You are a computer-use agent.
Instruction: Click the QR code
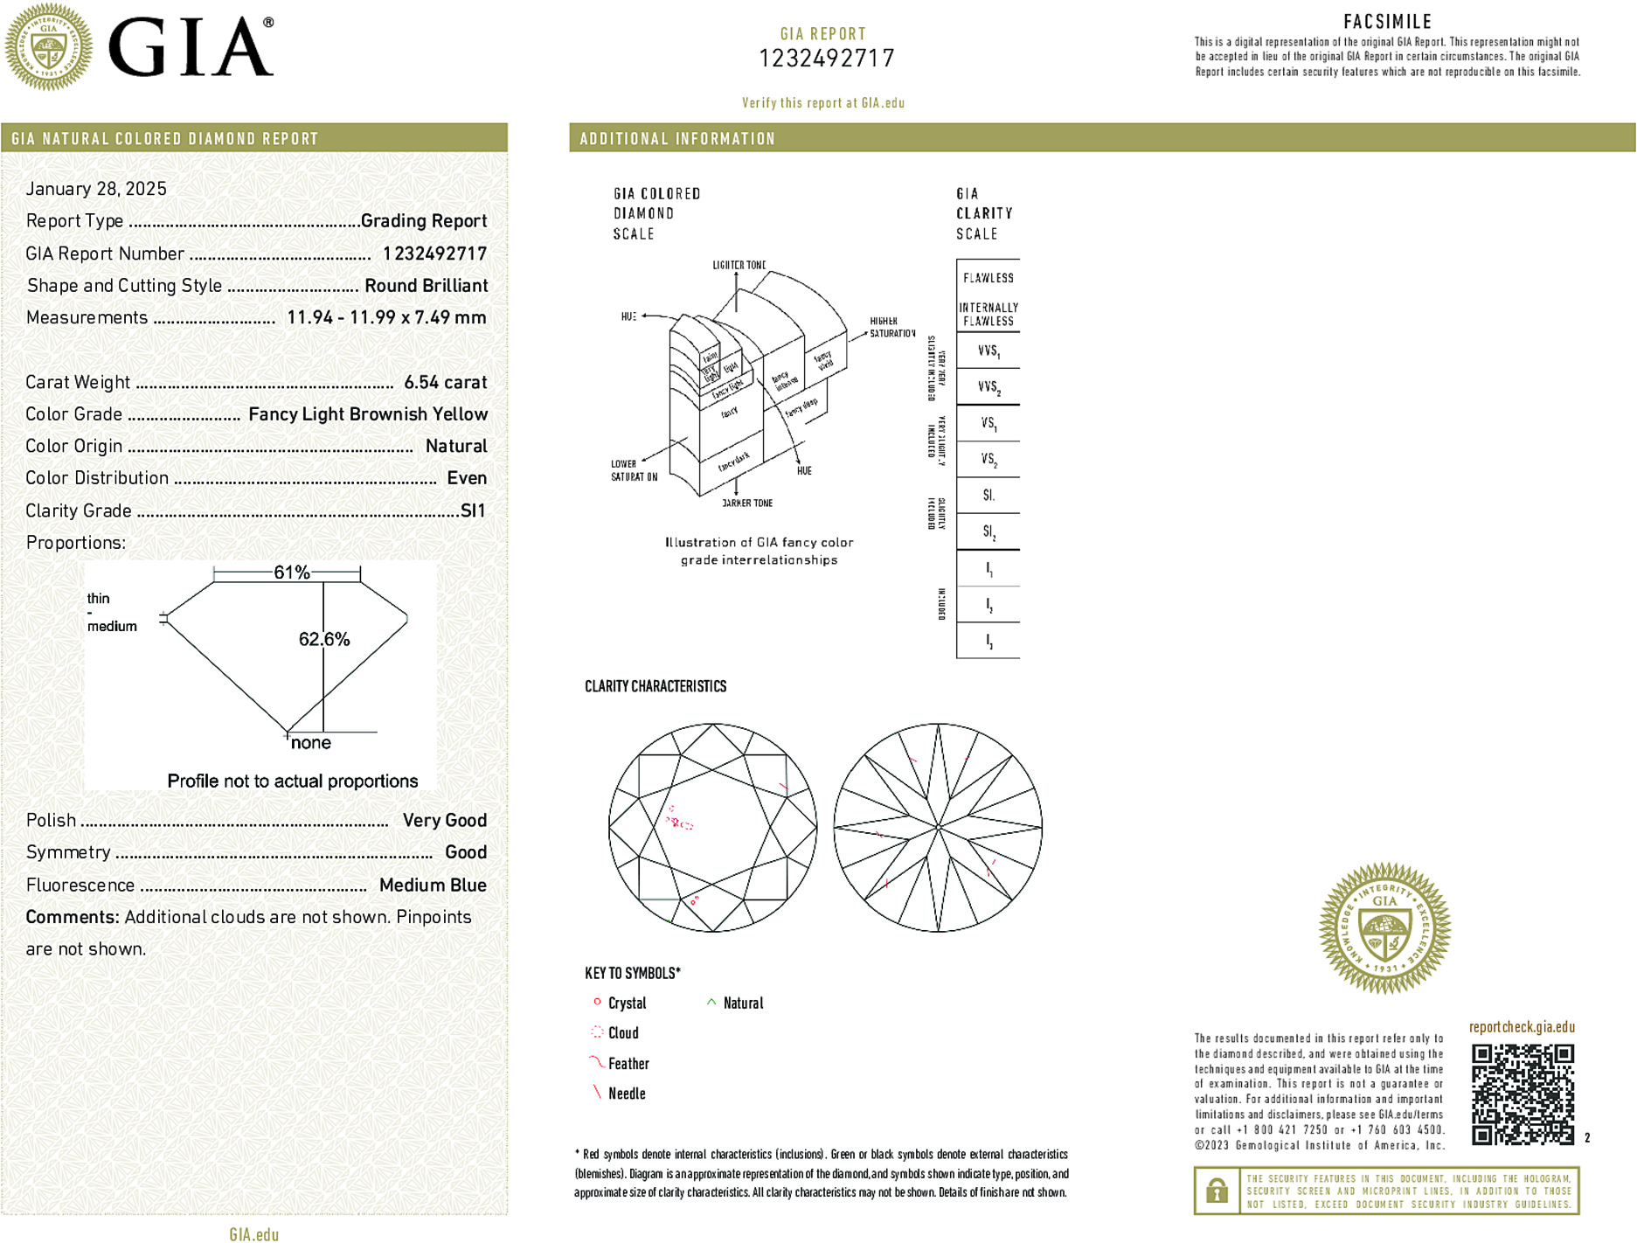tap(1523, 1094)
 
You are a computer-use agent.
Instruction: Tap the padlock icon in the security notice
tap(1217, 1191)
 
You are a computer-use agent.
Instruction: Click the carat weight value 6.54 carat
tap(445, 382)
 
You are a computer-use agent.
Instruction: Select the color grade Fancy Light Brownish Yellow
tap(368, 414)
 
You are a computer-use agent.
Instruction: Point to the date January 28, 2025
tap(96, 189)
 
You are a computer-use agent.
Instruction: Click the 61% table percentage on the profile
tap(291, 573)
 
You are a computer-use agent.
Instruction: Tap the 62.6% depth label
tap(323, 639)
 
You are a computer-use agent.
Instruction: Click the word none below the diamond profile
tap(310, 743)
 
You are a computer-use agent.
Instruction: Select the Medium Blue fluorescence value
tap(433, 885)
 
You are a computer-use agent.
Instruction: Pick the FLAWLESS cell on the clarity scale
tap(988, 278)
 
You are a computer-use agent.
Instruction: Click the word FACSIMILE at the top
tap(1387, 22)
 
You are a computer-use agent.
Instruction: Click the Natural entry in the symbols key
tap(743, 1003)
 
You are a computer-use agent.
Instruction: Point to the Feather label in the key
tap(628, 1064)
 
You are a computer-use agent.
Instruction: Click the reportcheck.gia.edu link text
tap(1522, 1027)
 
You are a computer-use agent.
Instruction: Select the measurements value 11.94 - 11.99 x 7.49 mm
tap(386, 317)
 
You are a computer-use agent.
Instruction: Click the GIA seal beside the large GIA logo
tap(48, 47)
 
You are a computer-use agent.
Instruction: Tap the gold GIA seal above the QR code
tap(1384, 928)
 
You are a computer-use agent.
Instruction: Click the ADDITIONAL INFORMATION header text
tap(677, 139)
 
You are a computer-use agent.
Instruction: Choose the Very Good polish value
tap(444, 820)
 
